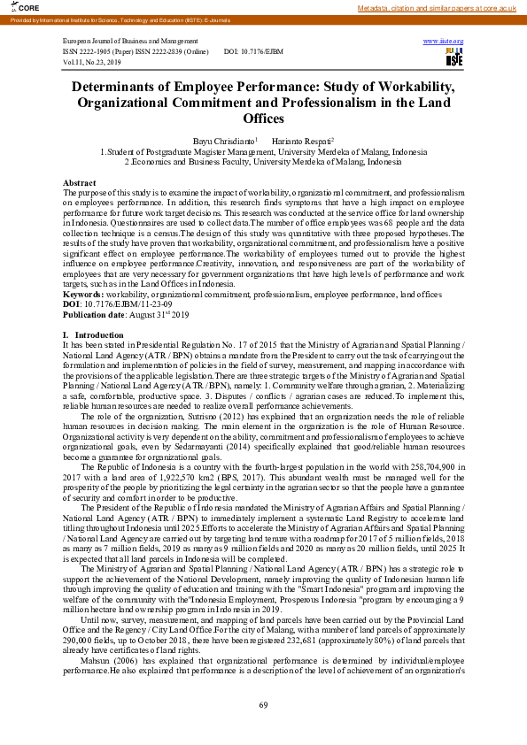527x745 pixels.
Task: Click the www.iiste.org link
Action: [x=443, y=42]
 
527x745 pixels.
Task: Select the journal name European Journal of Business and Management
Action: [x=130, y=42]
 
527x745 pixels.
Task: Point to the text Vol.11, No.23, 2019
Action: [x=91, y=63]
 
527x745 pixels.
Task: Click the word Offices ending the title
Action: [x=263, y=119]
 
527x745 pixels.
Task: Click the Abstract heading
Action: [x=80, y=182]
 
